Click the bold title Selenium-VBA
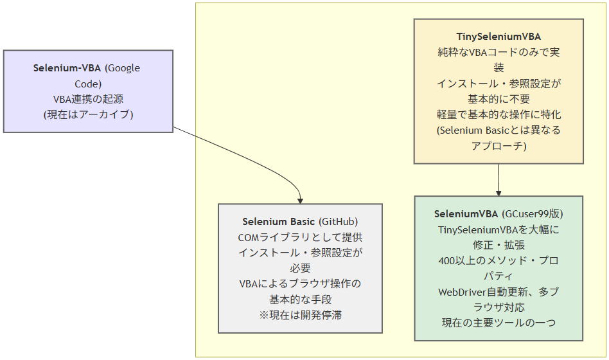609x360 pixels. click(67, 68)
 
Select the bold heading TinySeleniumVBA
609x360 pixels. click(499, 37)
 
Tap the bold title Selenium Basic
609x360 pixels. click(278, 222)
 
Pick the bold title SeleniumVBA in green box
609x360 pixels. click(466, 214)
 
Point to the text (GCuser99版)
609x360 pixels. click(533, 214)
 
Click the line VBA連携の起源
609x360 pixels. click(88, 99)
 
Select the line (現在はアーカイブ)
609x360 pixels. click(88, 114)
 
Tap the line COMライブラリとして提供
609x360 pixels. click(300, 237)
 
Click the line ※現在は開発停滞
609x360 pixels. click(300, 314)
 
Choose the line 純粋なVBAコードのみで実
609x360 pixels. click(499, 53)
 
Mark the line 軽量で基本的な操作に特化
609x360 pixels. click(499, 114)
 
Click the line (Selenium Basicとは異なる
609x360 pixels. click(499, 130)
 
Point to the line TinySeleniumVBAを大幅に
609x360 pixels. click(499, 230)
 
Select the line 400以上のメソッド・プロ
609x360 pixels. click(499, 260)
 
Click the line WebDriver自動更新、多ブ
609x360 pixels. click(499, 291)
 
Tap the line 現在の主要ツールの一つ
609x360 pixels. click(499, 322)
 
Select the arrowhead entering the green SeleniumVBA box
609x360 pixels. click(499, 192)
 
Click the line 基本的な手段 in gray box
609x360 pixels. click(300, 299)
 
